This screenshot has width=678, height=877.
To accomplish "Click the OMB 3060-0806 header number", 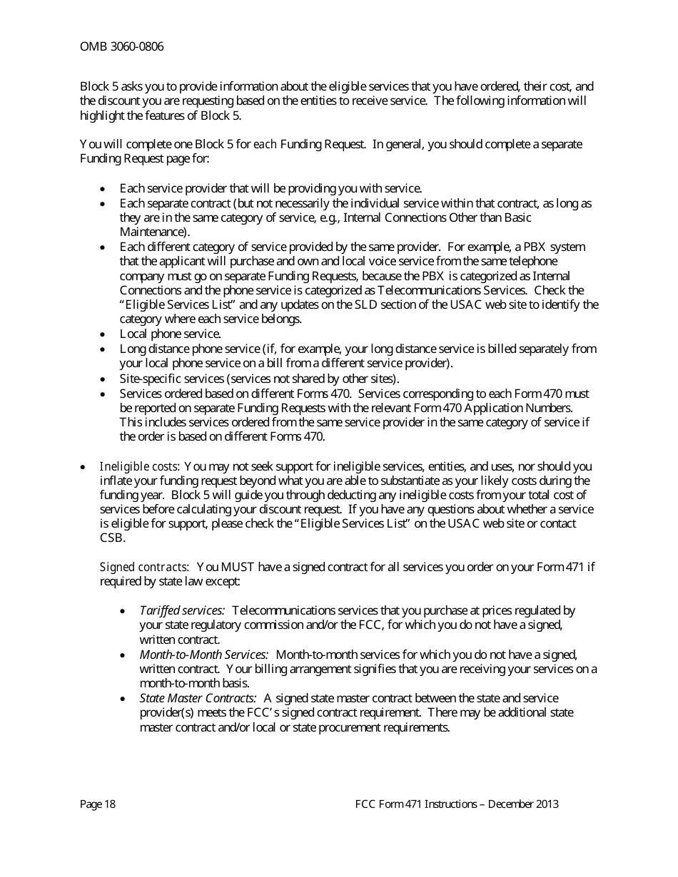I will tap(121, 47).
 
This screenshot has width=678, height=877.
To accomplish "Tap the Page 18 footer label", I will tap(98, 804).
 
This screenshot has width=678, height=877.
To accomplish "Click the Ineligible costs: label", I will tap(140, 466).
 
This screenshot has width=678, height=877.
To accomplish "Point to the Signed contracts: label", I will tap(144, 567).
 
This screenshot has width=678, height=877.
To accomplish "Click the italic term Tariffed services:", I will tap(182, 610).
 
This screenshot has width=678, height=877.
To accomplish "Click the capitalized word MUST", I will tap(234, 567).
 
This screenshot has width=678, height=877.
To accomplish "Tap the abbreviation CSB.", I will tap(110, 538).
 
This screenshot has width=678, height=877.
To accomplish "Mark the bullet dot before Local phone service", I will tap(103, 334).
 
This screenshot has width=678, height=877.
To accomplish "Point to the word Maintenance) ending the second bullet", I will tap(155, 232).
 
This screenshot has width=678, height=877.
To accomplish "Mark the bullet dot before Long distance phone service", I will tap(103, 349).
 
